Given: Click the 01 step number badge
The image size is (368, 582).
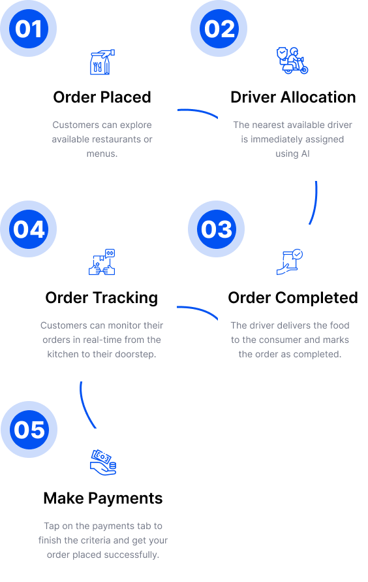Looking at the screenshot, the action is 29,29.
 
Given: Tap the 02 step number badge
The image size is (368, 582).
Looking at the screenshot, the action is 219,29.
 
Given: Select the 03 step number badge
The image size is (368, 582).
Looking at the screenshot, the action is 217,229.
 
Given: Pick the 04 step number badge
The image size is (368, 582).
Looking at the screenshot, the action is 29,229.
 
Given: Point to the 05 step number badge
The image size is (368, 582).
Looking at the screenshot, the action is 29,429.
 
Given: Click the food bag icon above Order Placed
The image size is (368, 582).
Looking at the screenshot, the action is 102,62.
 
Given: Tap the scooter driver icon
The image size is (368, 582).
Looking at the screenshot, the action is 292,61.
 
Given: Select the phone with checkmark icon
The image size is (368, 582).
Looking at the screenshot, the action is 290,262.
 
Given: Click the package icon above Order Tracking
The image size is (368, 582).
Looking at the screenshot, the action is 102,262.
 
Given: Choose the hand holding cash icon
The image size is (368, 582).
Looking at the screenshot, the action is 103,462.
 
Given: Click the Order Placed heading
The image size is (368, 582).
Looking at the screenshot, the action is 102,97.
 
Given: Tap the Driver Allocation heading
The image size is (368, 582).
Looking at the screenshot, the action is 293,97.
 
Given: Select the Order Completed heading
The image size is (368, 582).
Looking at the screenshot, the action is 293,298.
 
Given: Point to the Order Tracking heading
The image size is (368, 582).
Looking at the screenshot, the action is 102,298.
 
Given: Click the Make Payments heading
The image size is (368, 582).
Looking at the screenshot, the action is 103,498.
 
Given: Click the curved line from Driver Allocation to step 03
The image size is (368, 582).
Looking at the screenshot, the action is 315,203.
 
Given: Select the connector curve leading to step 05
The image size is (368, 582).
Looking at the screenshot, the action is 84,407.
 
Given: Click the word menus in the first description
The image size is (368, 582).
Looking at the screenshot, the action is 102,154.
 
